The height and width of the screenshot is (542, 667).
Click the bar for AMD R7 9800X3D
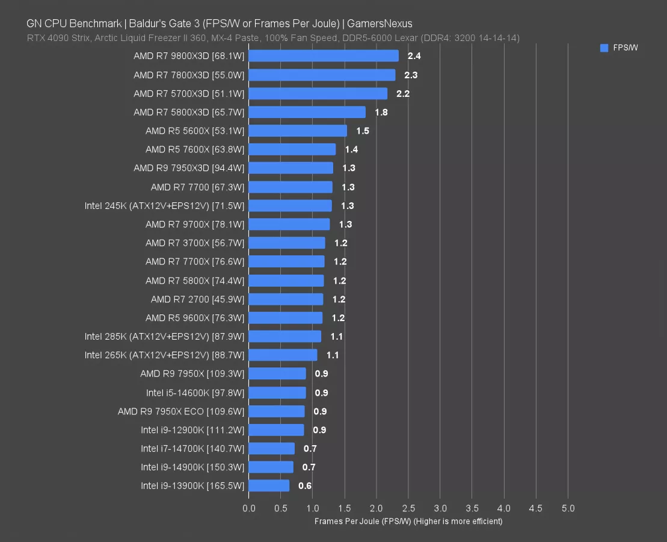323,56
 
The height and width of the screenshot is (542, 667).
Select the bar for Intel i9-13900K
269,485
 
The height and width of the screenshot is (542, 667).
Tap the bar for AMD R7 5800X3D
307,112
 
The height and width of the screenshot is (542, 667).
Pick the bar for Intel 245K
290,206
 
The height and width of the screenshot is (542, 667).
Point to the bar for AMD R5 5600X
298,131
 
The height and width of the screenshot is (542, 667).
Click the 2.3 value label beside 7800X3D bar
411,75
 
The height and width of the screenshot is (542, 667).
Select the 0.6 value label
305,485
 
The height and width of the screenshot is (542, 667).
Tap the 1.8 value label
381,112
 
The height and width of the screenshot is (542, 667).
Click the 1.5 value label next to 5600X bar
363,131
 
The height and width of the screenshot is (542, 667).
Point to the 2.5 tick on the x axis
408,508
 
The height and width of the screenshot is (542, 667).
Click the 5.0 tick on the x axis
568,508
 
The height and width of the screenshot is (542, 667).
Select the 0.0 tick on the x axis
248,508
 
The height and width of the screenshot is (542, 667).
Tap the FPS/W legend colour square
604,48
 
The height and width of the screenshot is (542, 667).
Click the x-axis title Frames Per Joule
408,521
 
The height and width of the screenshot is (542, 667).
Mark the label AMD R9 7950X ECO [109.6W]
181,411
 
